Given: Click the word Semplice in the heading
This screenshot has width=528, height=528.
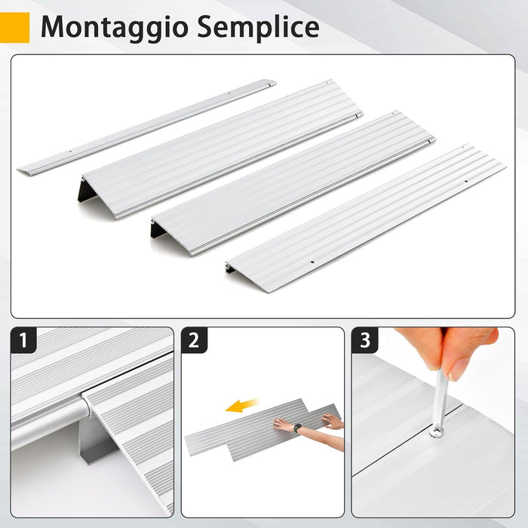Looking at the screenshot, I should tap(256, 27).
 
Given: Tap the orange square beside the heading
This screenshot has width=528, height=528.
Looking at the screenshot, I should tap(15, 27).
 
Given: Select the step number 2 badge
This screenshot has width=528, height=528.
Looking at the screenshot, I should tap(195, 341).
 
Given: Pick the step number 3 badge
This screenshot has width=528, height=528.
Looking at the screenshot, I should tap(365, 341).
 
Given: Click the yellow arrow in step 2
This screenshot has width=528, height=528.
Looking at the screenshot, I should tap(241, 407).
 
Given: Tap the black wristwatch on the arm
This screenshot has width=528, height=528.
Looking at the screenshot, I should tap(299, 428).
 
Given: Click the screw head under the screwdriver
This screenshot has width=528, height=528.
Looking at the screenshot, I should tap(437, 431).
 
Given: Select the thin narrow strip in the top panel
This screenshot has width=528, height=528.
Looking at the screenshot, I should tap(143, 127).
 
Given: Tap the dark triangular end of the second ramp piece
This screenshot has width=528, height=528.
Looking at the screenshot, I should tap(87, 191).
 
